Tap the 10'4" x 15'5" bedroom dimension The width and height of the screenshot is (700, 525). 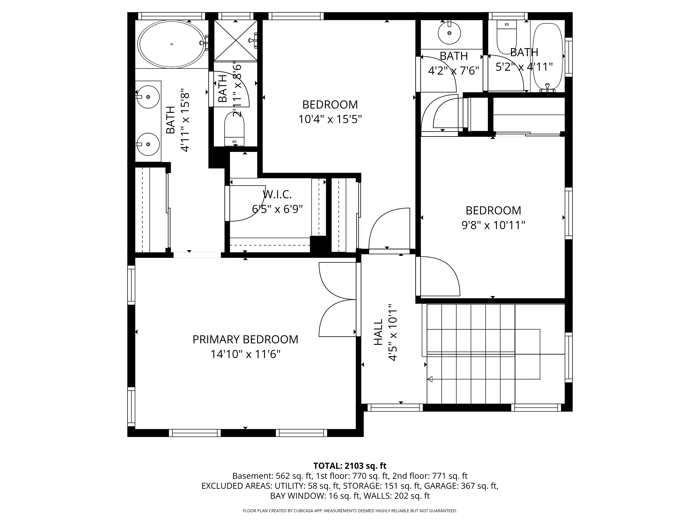click(x=330, y=119)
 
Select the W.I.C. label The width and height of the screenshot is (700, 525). click(x=277, y=194)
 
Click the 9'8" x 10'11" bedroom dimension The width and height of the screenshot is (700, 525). click(x=493, y=225)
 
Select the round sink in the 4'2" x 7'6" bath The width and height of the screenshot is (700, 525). click(x=449, y=33)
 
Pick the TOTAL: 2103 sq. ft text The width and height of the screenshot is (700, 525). click(x=350, y=466)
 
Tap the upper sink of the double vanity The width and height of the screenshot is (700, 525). click(x=148, y=97)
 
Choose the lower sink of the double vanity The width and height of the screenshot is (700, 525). click(x=148, y=144)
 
